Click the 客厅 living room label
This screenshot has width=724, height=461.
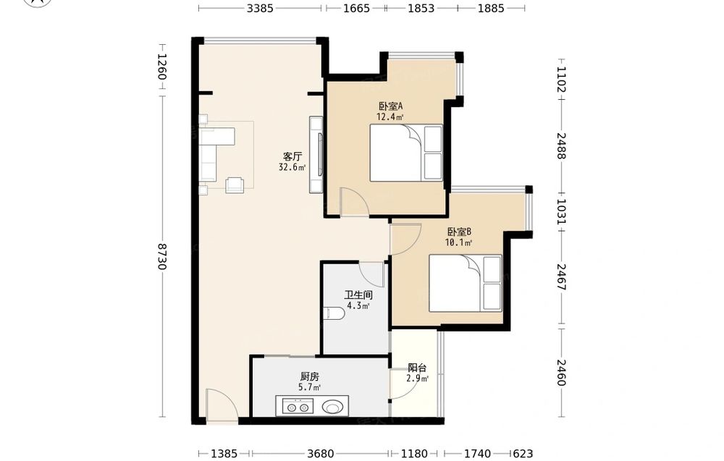coord(292,156)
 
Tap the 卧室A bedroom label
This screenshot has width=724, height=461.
coord(391,106)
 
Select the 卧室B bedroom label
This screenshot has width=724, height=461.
coord(459,232)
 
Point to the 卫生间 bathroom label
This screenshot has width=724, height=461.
coord(358,295)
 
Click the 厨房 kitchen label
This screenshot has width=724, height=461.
coord(309,377)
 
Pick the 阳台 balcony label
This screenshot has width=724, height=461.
coord(417,368)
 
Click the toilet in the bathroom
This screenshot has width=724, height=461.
coord(334,314)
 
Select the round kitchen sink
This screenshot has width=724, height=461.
coord(332,407)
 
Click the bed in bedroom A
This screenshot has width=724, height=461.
coord(406,153)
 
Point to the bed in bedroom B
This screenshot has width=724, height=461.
coord(466,284)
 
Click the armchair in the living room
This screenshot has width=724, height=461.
coord(235,185)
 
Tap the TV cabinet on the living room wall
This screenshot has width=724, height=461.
coord(316,155)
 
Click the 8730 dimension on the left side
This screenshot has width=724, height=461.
coord(161,257)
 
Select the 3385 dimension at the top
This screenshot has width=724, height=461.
coord(260,8)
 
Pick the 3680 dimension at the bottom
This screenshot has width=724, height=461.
coord(321,454)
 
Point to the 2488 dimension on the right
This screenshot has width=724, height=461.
coord(561,145)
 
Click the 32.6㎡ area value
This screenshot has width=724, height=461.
coord(292,167)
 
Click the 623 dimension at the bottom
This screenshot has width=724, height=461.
coord(523,454)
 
